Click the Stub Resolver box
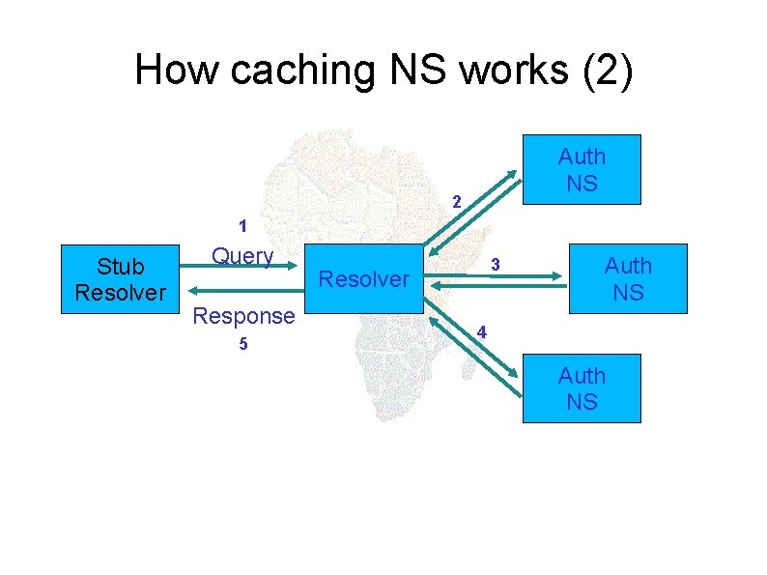tap(120, 279)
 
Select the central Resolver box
tap(364, 279)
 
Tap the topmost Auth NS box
tap(582, 169)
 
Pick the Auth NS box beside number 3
tap(628, 278)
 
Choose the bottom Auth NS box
tap(582, 388)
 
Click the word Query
tap(242, 256)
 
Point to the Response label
tap(243, 315)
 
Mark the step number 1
tap(243, 228)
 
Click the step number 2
tap(458, 203)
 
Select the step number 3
tap(494, 264)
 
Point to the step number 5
tap(243, 346)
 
